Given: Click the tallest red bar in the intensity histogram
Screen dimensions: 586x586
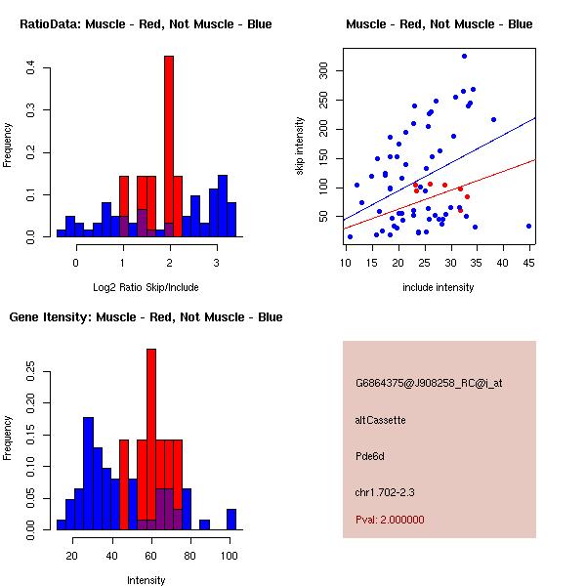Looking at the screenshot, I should click(x=151, y=439).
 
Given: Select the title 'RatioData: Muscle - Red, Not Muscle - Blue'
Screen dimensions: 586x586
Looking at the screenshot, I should click(x=146, y=24).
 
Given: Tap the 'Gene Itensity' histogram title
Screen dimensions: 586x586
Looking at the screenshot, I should click(x=146, y=317).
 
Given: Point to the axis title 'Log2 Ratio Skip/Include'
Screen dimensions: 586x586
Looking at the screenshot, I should click(x=146, y=287).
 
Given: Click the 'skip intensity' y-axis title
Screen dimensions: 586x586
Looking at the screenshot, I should click(x=300, y=146).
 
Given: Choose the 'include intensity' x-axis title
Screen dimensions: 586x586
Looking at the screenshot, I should click(x=439, y=287).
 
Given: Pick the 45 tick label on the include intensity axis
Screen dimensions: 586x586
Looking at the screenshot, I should click(x=528, y=262).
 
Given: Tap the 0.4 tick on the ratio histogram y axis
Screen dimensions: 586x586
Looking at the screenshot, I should click(x=31, y=67).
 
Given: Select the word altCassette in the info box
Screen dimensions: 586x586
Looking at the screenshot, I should click(x=381, y=420).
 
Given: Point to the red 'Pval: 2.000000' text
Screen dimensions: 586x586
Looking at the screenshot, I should click(x=391, y=520).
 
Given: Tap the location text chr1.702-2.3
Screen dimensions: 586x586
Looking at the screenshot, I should click(x=385, y=491).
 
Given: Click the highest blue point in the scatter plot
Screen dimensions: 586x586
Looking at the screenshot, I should click(x=464, y=56).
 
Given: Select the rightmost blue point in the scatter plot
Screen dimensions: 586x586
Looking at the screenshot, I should click(x=528, y=226).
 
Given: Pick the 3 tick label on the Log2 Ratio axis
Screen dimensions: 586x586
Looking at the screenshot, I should click(x=216, y=262).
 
